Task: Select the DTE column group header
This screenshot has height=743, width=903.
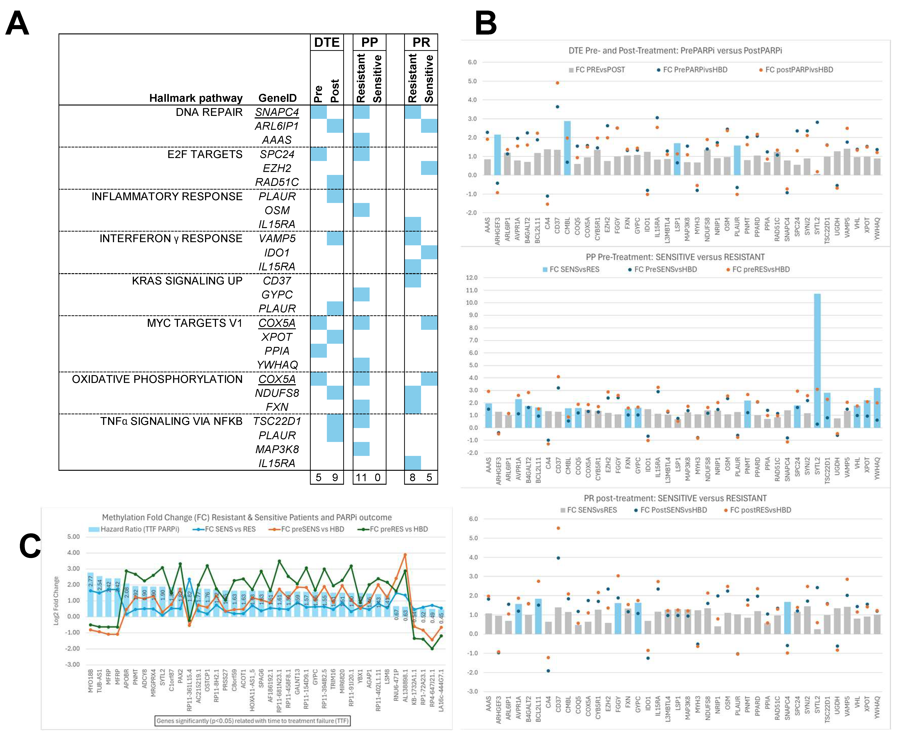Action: pyautogui.click(x=327, y=42)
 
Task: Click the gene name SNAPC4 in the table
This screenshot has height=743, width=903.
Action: pyautogui.click(x=277, y=112)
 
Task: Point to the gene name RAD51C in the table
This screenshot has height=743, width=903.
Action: pyautogui.click(x=277, y=182)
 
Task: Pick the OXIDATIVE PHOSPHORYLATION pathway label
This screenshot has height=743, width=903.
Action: pyautogui.click(x=157, y=379)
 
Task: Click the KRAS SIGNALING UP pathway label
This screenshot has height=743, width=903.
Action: pyautogui.click(x=187, y=281)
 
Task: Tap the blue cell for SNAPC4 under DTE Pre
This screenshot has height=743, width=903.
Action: pyautogui.click(x=318, y=112)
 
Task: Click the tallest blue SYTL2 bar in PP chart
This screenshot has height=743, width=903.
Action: pyautogui.click(x=817, y=360)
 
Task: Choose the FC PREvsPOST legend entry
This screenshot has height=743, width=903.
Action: pyautogui.click(x=599, y=70)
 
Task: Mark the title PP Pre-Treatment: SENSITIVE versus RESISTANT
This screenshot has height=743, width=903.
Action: pyautogui.click(x=675, y=257)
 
